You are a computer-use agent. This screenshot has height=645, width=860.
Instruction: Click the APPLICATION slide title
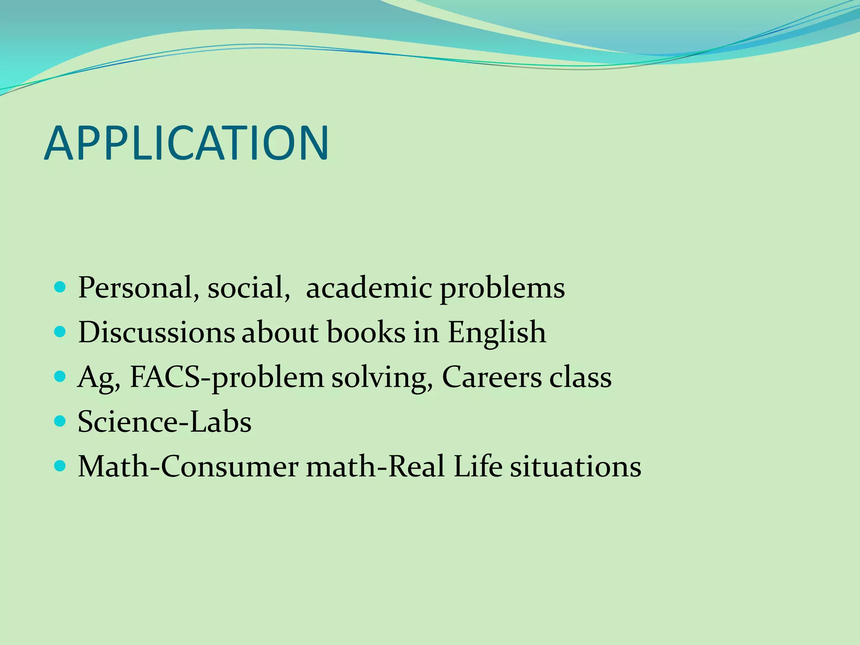coord(186,143)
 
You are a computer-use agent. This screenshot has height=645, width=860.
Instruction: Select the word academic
coord(369,288)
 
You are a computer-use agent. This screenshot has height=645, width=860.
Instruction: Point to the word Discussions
coord(156,333)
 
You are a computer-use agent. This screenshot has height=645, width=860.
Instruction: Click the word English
coord(496,333)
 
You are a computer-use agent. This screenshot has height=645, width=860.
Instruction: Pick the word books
coord(366,333)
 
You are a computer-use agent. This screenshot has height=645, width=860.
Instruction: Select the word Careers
coord(491,377)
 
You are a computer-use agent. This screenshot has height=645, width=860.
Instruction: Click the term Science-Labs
coord(165,422)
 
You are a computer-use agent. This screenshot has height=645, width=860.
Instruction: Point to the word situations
coord(575,467)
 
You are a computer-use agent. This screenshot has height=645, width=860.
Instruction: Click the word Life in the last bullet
coord(477,467)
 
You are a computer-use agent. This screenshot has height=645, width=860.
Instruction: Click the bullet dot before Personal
coord(60,288)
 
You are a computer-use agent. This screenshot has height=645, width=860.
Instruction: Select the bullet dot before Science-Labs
coord(60,421)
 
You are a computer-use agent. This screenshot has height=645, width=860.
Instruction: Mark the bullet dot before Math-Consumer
coord(60,466)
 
